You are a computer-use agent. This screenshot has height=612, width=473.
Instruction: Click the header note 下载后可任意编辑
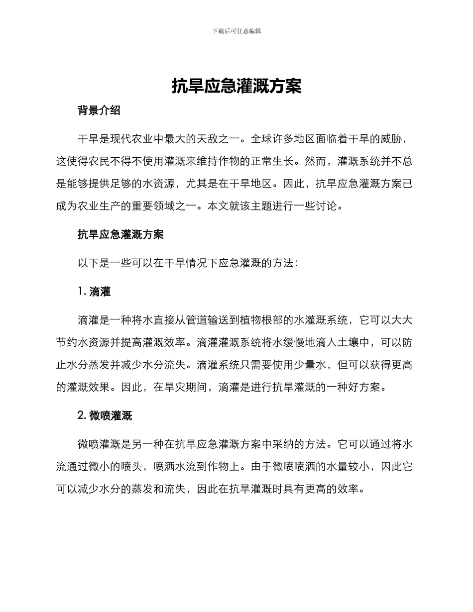(236, 31)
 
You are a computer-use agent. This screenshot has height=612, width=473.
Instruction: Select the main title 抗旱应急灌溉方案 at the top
(236, 87)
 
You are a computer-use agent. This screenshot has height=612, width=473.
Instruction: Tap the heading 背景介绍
(99, 111)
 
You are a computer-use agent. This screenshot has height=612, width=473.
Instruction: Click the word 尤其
(197, 184)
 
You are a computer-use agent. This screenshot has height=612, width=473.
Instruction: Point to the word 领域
(164, 206)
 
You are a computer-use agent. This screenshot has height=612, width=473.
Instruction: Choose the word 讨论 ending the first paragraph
(326, 206)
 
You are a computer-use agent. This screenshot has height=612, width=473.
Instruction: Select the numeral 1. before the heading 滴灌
(82, 292)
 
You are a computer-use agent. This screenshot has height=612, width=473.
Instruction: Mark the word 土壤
(338, 343)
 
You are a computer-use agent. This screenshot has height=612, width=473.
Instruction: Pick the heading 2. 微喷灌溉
(105, 416)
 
